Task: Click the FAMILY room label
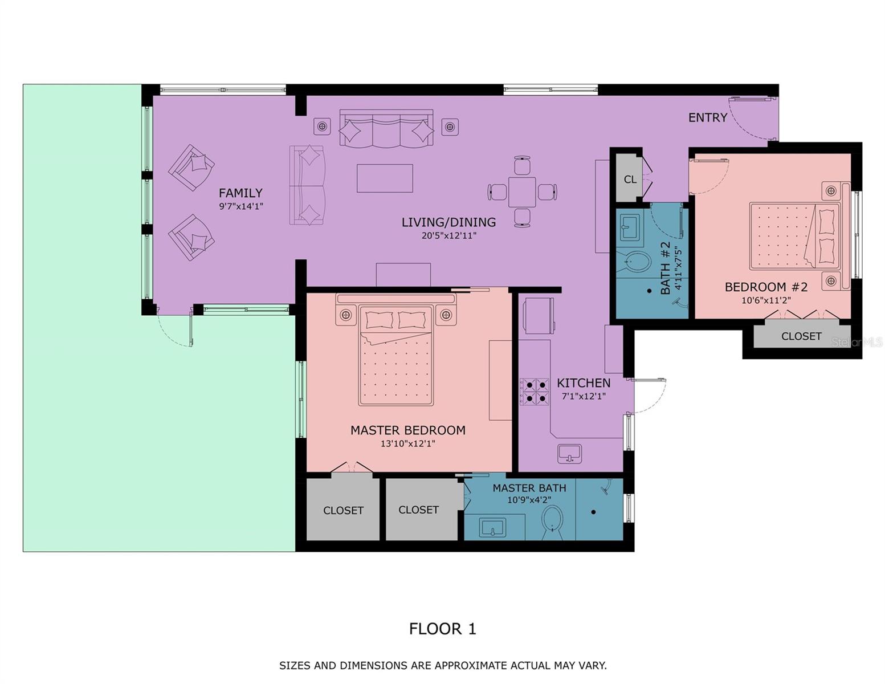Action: pos(240,193)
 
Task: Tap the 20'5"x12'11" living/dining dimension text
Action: pos(448,235)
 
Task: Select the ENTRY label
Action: pos(707,117)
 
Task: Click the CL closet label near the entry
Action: pos(630,180)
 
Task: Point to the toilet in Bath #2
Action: pos(638,263)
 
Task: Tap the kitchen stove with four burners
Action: pos(534,391)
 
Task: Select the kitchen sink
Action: pos(569,454)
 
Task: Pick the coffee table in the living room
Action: pos(385,178)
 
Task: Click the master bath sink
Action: pos(492,527)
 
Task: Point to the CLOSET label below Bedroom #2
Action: pos(801,336)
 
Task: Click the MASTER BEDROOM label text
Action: pos(407,430)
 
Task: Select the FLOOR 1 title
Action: pos(442,629)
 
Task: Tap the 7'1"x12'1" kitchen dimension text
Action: pos(583,396)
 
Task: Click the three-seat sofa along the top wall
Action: pos(386,129)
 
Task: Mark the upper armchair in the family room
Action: pos(192,168)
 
